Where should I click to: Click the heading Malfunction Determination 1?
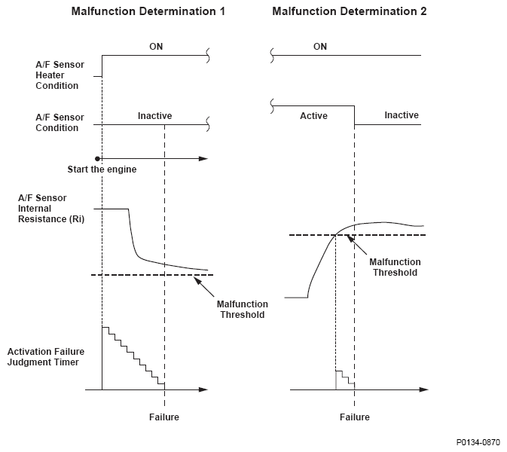(148, 11)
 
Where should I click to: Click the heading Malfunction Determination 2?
(350, 11)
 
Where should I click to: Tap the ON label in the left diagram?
(156, 47)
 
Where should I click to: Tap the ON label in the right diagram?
(320, 47)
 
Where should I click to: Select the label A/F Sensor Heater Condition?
(60, 75)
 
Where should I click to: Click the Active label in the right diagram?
(313, 116)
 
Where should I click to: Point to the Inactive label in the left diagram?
(155, 116)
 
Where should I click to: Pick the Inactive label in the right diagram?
(402, 115)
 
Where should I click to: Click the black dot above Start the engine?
(97, 159)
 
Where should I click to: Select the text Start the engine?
(102, 169)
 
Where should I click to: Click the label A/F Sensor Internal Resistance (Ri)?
(51, 209)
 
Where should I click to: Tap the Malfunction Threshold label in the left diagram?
(242, 310)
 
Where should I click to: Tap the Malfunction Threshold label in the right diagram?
(395, 267)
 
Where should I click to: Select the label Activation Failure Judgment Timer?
(46, 356)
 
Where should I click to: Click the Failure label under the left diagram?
(164, 417)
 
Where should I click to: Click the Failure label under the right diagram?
(354, 417)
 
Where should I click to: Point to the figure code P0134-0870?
(478, 442)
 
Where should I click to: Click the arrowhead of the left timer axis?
(203, 389)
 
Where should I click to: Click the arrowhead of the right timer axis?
(424, 389)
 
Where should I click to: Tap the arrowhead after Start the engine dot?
(203, 159)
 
